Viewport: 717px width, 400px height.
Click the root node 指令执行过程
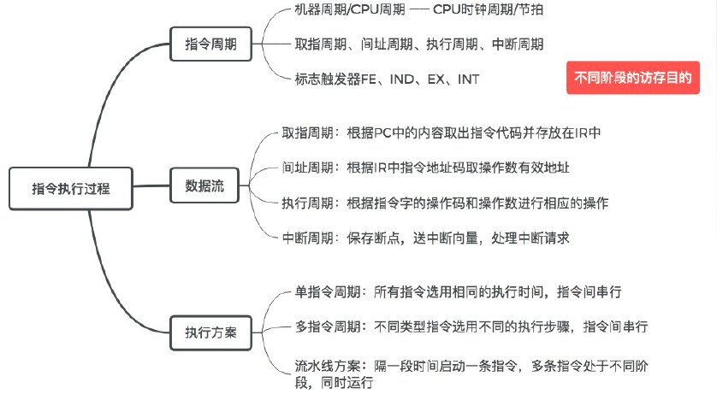click(x=71, y=188)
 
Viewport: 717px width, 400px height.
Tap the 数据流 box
click(x=205, y=186)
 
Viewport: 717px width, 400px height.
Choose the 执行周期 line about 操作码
click(x=445, y=203)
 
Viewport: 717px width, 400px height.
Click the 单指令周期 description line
click(x=458, y=292)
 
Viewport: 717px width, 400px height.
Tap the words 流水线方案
click(x=317, y=367)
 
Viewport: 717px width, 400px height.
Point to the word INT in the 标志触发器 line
click(x=469, y=79)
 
